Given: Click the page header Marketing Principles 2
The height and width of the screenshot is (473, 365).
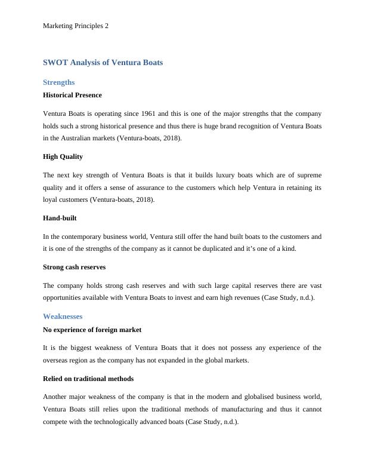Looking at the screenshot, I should (x=76, y=26).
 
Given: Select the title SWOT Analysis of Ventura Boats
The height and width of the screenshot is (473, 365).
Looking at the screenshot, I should (x=103, y=62).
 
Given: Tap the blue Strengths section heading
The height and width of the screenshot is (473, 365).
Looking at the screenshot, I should (x=59, y=82).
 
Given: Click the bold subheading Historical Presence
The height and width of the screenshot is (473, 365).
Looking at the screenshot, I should (x=72, y=95).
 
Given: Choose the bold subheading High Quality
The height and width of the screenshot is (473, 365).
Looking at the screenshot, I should (x=63, y=156).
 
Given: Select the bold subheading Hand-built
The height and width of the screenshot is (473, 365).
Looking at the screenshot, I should (x=60, y=219).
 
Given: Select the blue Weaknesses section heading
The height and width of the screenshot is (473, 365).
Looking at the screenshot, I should (x=63, y=316).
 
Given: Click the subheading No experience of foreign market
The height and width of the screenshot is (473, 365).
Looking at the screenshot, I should (x=92, y=329).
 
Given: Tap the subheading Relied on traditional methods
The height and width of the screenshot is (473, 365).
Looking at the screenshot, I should (x=88, y=379).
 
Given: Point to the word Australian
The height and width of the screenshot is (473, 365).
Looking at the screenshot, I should (x=73, y=138).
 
